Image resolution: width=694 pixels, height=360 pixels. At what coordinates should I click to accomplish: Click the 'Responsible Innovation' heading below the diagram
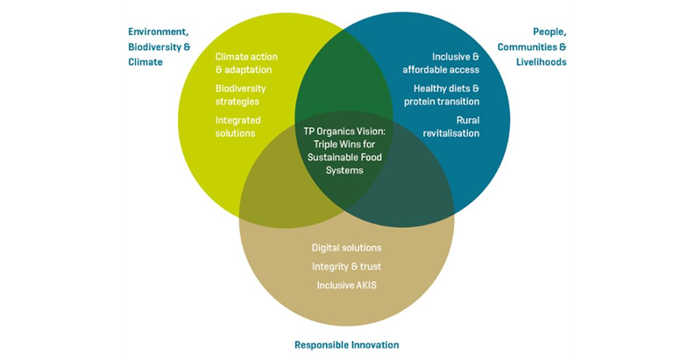346,345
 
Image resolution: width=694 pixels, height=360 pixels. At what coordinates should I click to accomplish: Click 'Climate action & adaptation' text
244,63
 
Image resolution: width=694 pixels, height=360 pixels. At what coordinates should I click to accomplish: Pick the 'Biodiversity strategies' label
241,95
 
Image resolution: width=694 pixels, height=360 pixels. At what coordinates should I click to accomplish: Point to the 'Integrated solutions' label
236,126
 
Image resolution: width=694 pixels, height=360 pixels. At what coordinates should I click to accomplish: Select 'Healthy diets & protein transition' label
442,95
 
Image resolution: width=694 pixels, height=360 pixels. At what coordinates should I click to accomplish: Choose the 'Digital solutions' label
347,248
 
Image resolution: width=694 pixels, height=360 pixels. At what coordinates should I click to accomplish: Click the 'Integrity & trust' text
347,266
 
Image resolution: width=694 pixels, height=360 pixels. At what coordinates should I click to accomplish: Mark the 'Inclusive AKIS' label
347,286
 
